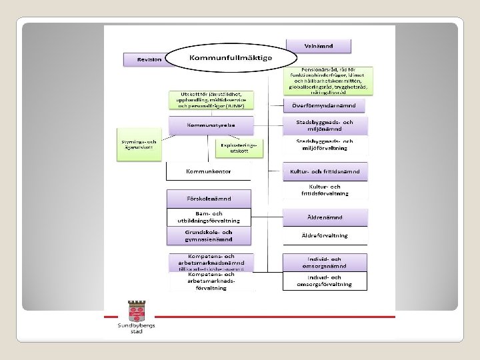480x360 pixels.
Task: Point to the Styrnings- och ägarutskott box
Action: click(x=138, y=145)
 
